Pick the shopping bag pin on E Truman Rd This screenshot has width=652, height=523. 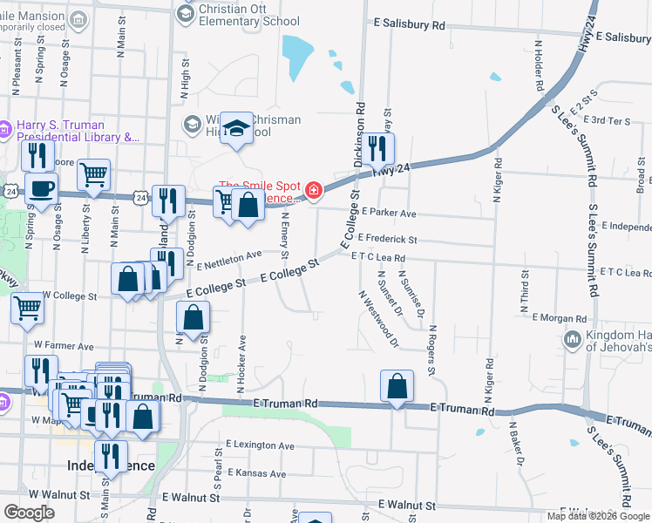click(397, 386)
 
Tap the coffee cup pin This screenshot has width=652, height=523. click(41, 188)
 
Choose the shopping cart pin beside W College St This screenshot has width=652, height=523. click(27, 308)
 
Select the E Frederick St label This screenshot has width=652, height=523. click(387, 239)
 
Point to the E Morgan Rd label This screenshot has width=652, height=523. click(560, 318)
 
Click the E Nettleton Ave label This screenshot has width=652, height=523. click(229, 259)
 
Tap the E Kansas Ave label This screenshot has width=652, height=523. click(256, 473)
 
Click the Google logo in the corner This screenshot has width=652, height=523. click(30, 513)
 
